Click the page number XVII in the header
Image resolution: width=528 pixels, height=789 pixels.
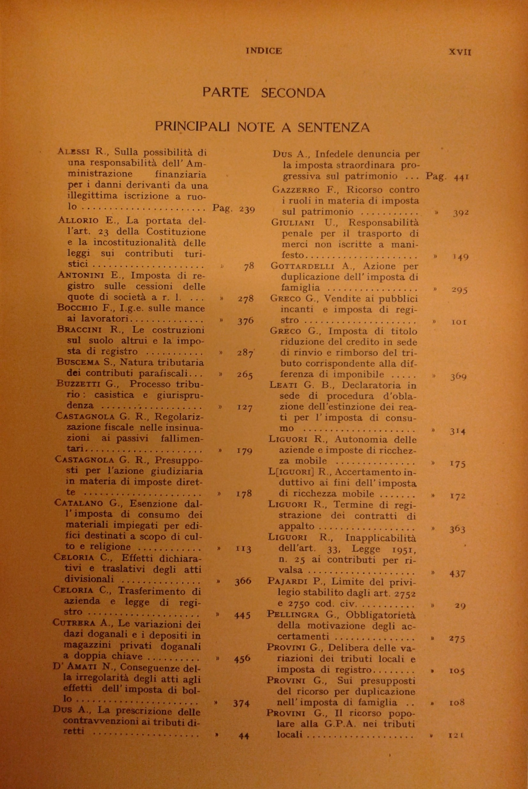click(460, 52)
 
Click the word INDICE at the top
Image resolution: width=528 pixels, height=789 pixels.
click(264, 51)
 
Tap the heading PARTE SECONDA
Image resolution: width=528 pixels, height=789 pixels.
click(264, 92)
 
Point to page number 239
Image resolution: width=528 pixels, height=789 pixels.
click(247, 209)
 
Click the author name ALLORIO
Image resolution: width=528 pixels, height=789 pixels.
click(78, 221)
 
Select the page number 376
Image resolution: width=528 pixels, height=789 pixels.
click(245, 321)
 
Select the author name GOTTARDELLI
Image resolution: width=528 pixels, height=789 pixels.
click(302, 267)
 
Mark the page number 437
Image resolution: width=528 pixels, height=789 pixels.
click(457, 574)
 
